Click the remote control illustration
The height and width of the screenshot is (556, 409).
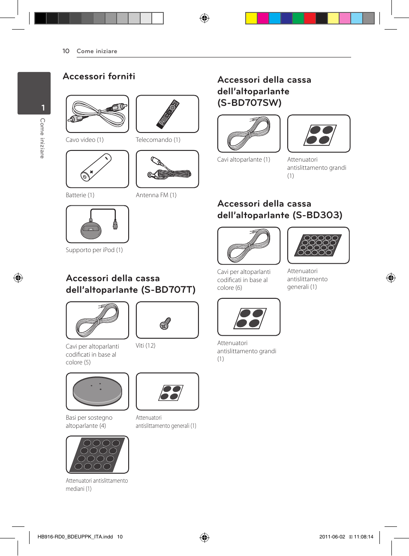(168, 114)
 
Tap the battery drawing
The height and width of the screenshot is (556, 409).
(96, 168)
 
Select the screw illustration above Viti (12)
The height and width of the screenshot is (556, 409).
(165, 323)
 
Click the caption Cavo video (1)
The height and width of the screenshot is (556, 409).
(84, 140)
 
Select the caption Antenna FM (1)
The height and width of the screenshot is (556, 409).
(156, 195)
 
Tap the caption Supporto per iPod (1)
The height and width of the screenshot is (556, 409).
(94, 250)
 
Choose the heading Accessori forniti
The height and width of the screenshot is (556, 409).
(99, 76)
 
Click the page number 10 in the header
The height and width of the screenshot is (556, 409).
(66, 51)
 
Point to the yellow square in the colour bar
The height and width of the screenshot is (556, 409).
(251, 18)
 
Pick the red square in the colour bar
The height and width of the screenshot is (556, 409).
(310, 18)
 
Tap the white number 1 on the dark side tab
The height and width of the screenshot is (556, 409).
(43, 108)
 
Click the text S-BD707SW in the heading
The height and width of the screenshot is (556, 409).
(250, 103)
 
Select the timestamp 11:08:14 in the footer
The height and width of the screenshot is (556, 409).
(364, 537)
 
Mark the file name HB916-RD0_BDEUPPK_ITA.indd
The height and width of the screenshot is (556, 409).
(75, 537)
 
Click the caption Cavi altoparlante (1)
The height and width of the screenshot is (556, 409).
(244, 159)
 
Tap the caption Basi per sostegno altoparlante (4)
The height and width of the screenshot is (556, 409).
(89, 421)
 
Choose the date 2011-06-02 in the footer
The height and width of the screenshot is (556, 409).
(332, 537)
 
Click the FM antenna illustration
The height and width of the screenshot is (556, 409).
(169, 169)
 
